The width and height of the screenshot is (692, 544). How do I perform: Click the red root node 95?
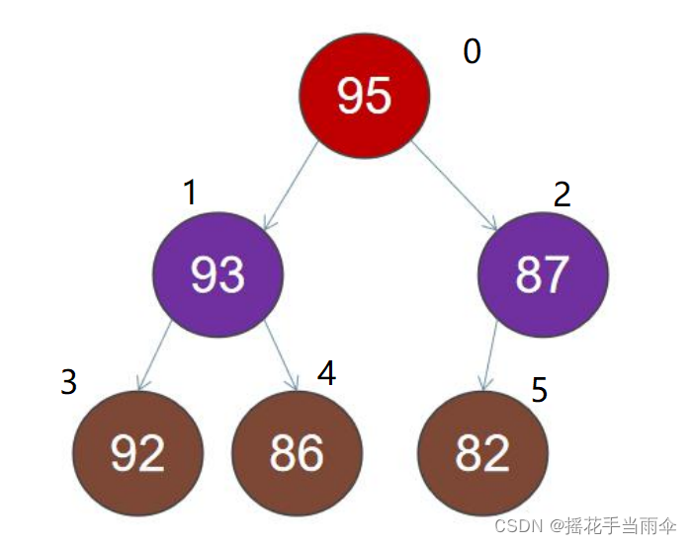365,95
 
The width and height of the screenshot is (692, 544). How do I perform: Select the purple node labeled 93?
217,273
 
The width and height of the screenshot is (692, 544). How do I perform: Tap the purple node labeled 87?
542,273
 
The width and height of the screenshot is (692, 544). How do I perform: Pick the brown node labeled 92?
137,452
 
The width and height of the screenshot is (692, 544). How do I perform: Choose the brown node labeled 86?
297,452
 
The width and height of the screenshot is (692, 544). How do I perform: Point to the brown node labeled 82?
482,452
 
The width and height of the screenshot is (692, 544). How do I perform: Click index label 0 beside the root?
472,51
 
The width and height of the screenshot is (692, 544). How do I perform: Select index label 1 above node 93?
190,194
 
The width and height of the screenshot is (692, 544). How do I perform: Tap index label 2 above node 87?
562,194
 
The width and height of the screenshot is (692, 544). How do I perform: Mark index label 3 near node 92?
68,382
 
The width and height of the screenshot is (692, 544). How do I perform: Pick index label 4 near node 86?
326,372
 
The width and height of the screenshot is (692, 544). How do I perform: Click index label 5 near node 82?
539,390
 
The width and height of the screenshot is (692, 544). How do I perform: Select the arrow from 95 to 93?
292,185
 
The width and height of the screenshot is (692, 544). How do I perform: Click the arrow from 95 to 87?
454,185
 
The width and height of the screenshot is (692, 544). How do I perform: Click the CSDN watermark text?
520,523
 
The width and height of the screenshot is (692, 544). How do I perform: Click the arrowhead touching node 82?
483,383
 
